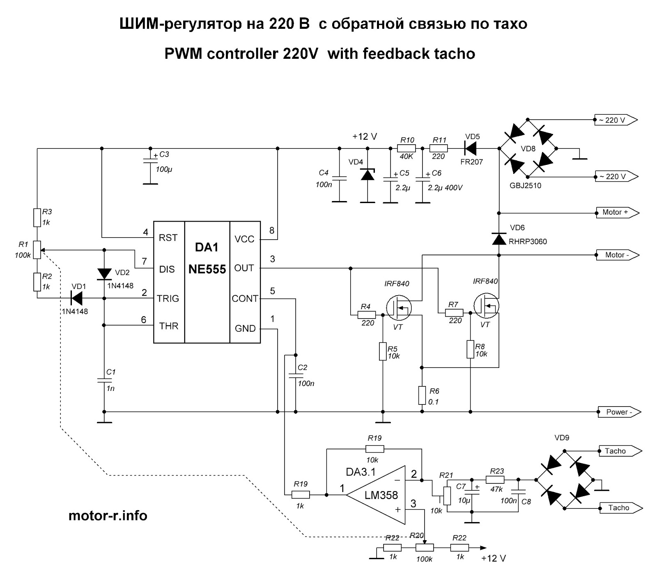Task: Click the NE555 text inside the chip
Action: (207, 269)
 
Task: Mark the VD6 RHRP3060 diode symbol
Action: (499, 238)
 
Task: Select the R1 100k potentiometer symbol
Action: (37, 250)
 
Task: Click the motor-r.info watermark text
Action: (108, 516)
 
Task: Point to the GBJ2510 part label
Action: (526, 186)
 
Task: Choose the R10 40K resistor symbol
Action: (407, 148)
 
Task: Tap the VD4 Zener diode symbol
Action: (368, 175)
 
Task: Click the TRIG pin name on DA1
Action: (168, 298)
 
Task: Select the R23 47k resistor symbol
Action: (495, 479)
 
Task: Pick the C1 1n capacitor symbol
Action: (104, 380)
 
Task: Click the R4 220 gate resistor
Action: (366, 315)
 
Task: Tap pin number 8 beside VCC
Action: (272, 231)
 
